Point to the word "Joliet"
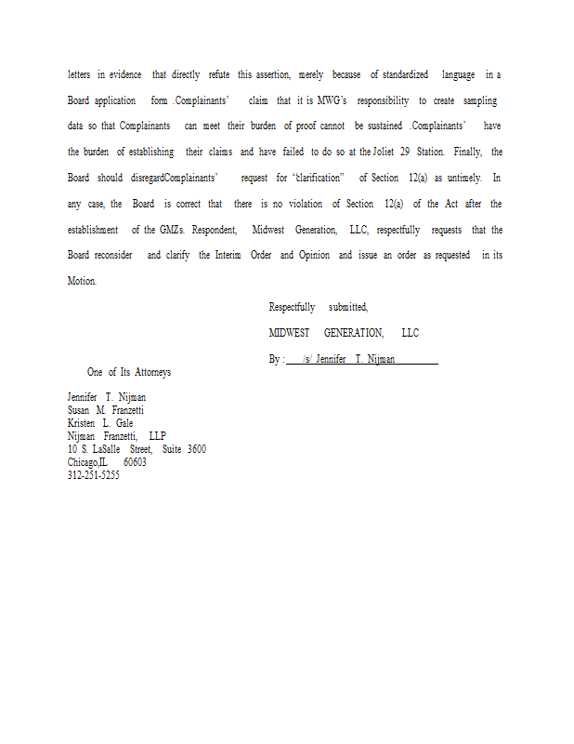point(386,152)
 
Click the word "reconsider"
point(112,255)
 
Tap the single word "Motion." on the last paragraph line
point(82,281)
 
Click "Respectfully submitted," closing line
point(318,307)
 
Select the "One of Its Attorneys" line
point(129,372)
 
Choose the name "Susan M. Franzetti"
point(106,410)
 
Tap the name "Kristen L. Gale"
point(100,423)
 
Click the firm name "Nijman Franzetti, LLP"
point(117,436)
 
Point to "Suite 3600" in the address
point(184,449)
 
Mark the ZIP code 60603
point(135,462)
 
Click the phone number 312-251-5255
point(94,475)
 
